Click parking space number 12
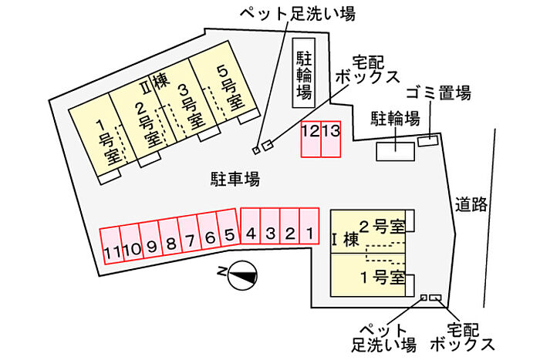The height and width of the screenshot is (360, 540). (311, 140)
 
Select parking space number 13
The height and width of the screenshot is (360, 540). (331, 140)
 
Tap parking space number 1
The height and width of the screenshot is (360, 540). (309, 226)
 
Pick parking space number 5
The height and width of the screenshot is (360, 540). (228, 229)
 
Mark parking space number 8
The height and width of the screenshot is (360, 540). (170, 237)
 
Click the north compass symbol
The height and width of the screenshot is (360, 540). (242, 275)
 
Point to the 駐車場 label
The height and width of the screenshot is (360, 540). (235, 179)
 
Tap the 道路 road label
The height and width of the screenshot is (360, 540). (471, 204)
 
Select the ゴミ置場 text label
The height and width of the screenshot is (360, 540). (438, 93)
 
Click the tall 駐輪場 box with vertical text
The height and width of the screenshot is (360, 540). (304, 72)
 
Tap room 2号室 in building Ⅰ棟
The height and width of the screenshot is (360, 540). (368, 231)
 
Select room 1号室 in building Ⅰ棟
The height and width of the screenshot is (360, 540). (368, 275)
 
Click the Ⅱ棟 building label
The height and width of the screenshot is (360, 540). (155, 82)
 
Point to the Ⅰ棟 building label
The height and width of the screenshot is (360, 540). (346, 240)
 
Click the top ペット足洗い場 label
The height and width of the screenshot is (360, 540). (298, 14)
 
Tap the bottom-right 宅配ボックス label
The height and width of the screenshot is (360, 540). (463, 337)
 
